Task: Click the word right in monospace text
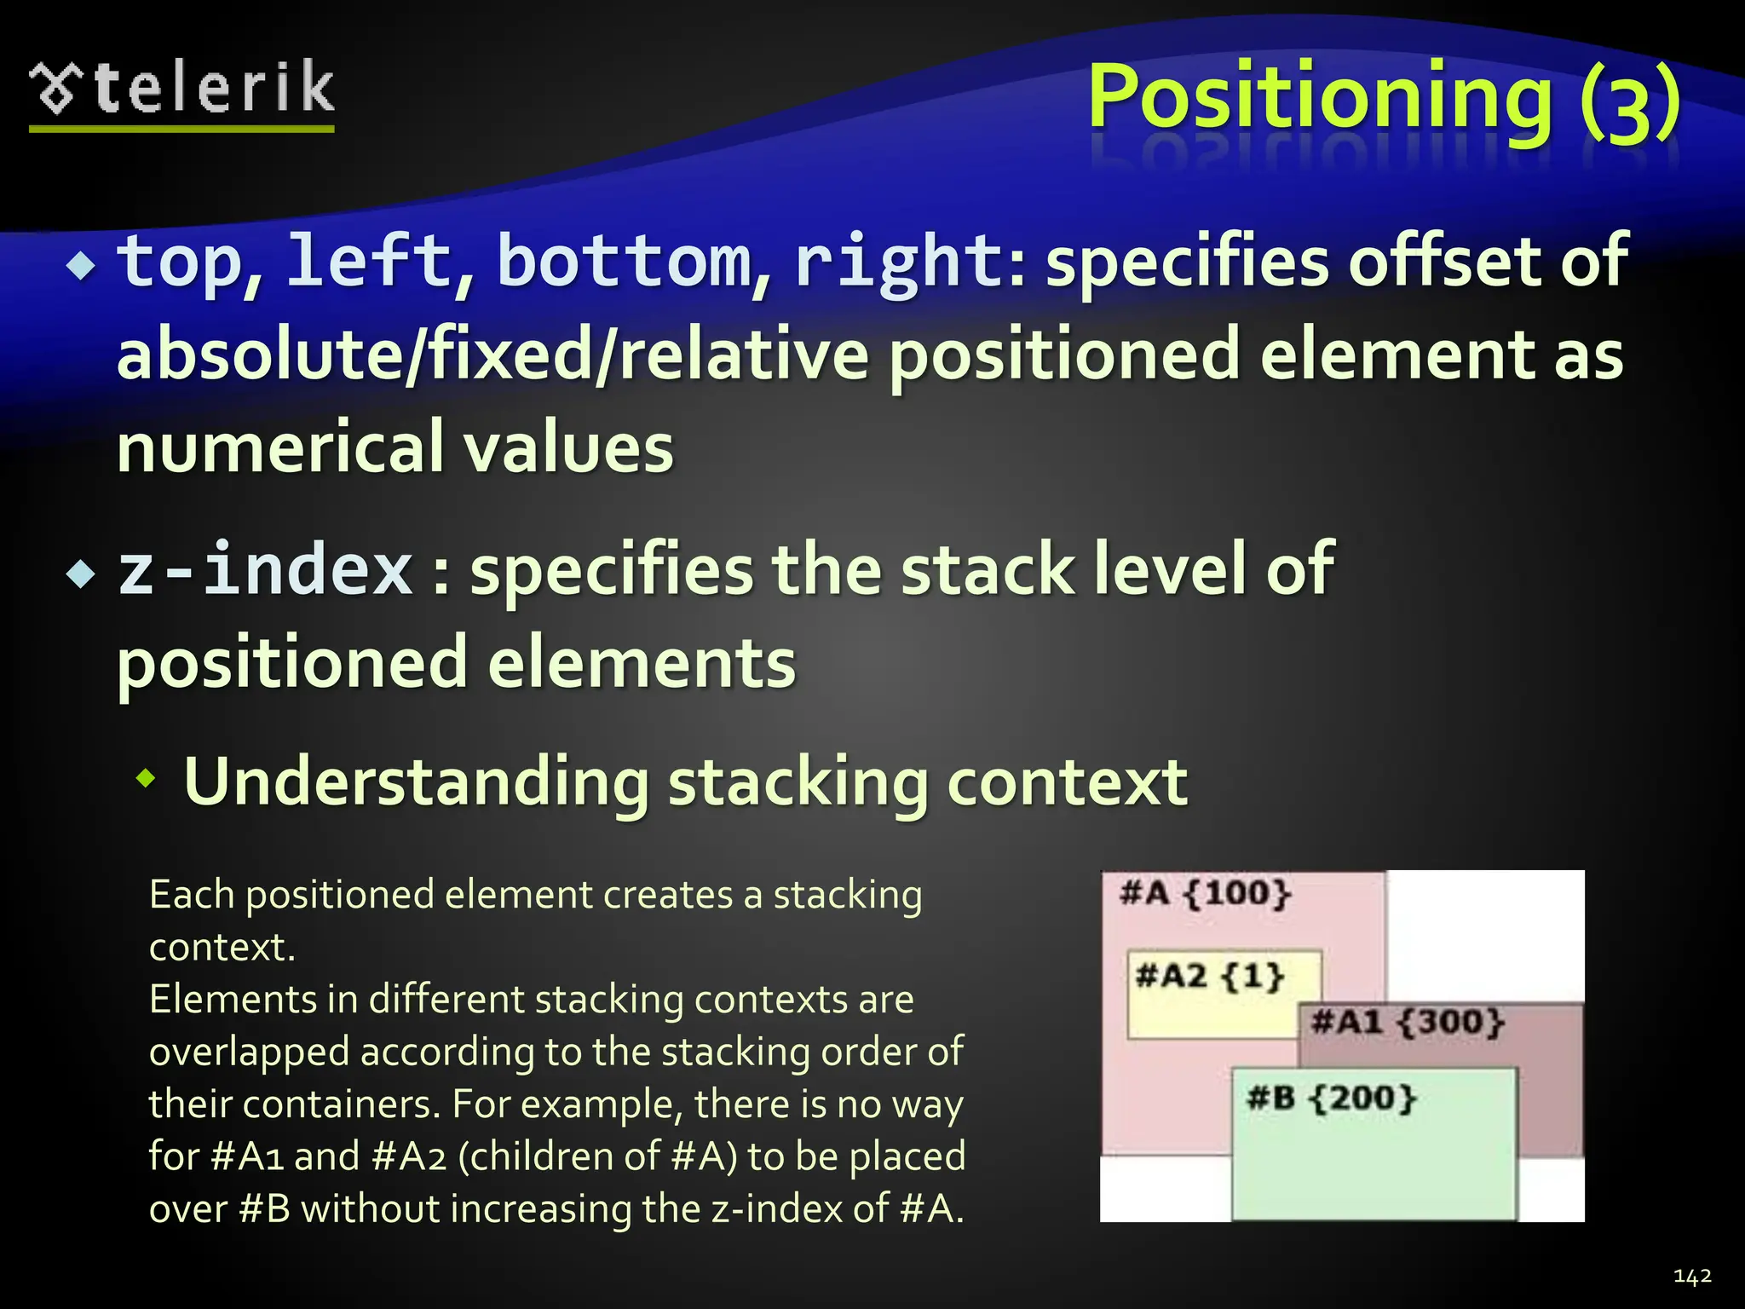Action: point(900,262)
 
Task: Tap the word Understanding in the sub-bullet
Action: point(417,781)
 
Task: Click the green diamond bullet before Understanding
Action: point(147,777)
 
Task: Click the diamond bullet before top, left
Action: point(82,267)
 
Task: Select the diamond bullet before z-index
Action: point(82,575)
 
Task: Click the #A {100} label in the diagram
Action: point(1206,893)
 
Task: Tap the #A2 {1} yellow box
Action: point(1210,977)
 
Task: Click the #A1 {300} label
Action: point(1408,1022)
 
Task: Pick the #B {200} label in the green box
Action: point(1331,1099)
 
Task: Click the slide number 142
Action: point(1692,1276)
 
